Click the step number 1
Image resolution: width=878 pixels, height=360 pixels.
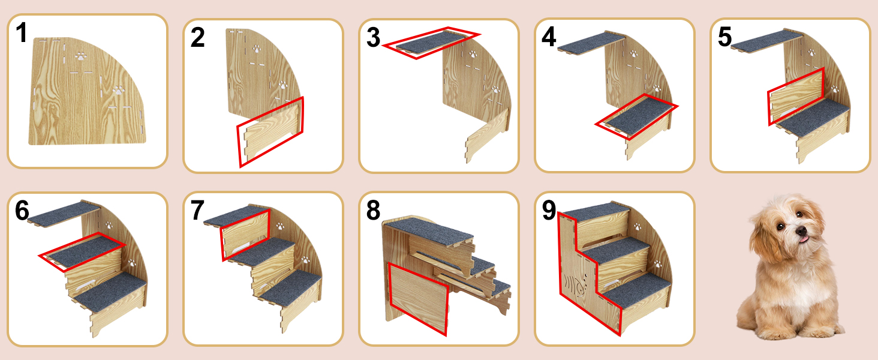22,32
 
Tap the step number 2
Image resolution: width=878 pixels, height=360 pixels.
197,38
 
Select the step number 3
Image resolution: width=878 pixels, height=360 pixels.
373,38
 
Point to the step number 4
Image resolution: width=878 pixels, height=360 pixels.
549,37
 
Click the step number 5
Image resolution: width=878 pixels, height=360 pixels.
724,37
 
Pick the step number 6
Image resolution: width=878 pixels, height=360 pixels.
22,210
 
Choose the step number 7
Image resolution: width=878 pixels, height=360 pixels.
197,210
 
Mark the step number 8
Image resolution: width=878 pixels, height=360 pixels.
373,210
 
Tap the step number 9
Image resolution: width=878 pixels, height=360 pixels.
549,210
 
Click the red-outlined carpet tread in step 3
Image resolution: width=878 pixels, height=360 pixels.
431,43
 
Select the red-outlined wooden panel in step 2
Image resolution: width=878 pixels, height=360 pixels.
271,132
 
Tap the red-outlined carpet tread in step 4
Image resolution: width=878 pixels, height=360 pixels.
637,116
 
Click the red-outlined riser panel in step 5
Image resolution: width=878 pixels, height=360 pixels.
796,97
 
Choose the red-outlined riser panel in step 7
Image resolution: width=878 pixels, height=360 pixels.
245,234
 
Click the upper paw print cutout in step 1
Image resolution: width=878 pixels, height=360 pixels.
81,56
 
